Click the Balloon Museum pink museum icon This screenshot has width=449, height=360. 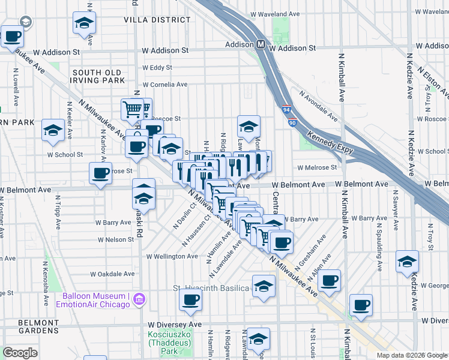[139, 299]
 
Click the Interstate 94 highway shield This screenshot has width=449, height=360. [286, 110]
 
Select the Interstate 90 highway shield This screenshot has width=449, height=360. [292, 122]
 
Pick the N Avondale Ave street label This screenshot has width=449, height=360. [321, 103]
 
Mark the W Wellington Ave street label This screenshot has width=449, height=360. [172, 256]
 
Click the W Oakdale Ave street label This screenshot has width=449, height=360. [112, 274]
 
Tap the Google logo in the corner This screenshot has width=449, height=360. [20, 353]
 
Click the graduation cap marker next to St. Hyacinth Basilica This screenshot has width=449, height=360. [264, 286]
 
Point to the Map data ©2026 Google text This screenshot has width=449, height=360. [411, 355]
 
